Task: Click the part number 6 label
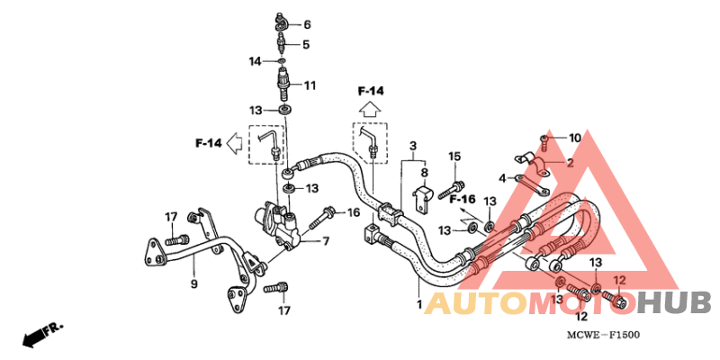click(307, 24)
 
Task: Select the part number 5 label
click(306, 44)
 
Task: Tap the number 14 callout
click(256, 61)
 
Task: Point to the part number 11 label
click(310, 85)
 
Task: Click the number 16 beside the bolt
click(353, 212)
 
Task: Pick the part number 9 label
click(193, 283)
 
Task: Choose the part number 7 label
click(326, 241)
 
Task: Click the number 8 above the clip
click(424, 173)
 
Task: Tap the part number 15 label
click(454, 157)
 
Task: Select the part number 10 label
click(575, 138)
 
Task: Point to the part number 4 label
click(503, 177)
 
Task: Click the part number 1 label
click(418, 303)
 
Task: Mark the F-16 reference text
click(462, 199)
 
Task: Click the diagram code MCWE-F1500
click(603, 335)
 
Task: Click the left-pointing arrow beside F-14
click(235, 143)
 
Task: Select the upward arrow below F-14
click(370, 111)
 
